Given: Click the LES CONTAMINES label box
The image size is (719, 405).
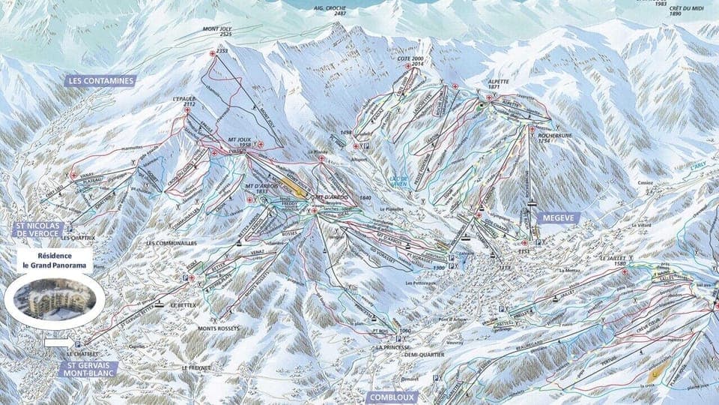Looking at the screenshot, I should click(x=100, y=80).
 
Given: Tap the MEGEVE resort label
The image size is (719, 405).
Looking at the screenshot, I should click(x=556, y=217).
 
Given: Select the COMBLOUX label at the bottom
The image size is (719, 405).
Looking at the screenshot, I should click(x=390, y=397).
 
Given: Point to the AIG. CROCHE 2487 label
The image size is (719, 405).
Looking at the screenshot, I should click(x=330, y=10).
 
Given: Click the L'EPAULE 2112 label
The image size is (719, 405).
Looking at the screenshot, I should click(x=183, y=101).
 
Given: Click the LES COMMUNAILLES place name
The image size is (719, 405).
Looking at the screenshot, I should click(x=172, y=244).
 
